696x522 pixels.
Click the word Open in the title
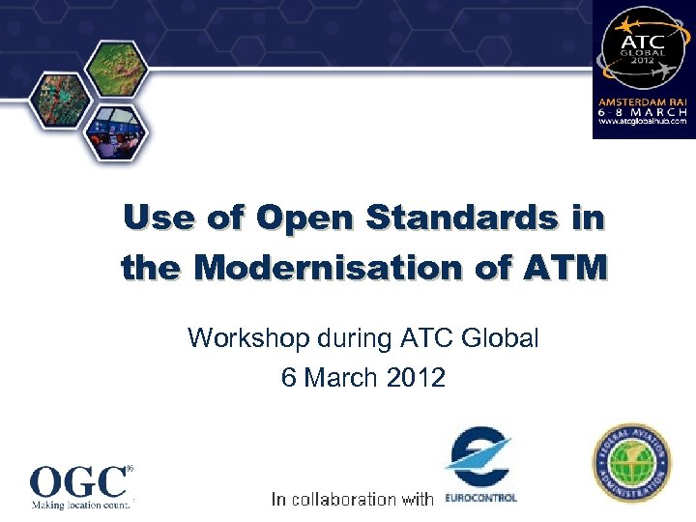(297, 219)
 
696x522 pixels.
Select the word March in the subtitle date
(337, 378)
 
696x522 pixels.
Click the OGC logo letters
(79, 480)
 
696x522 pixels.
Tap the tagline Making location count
(80, 504)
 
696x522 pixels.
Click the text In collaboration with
(352, 499)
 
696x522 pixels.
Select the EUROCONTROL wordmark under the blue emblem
(480, 499)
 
